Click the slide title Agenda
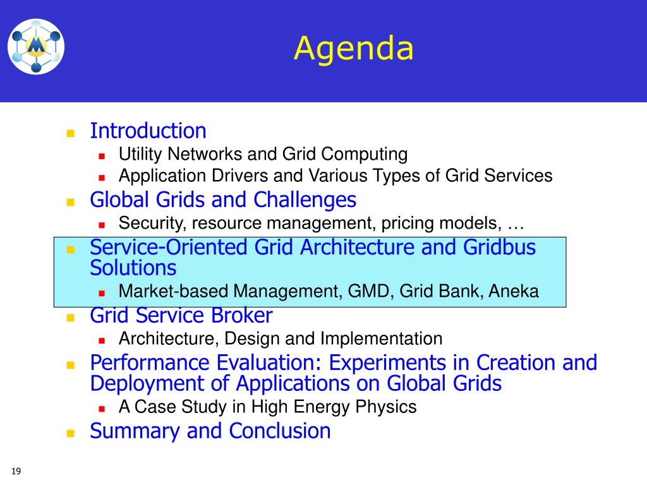pos(354,49)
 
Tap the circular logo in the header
pos(36,47)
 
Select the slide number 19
pos(16,471)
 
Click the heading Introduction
pos(148,131)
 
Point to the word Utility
pos(140,154)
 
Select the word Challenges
pos(305,200)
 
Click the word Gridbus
pos(499,248)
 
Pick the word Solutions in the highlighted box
pos(133,268)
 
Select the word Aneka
pos(514,292)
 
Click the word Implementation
pos(381,339)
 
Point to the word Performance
pos(150,363)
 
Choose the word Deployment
pos(147,384)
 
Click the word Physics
pos(386,407)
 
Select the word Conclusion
pos(280,431)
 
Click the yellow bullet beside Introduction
pos(71,133)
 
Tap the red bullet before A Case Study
pos(102,409)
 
